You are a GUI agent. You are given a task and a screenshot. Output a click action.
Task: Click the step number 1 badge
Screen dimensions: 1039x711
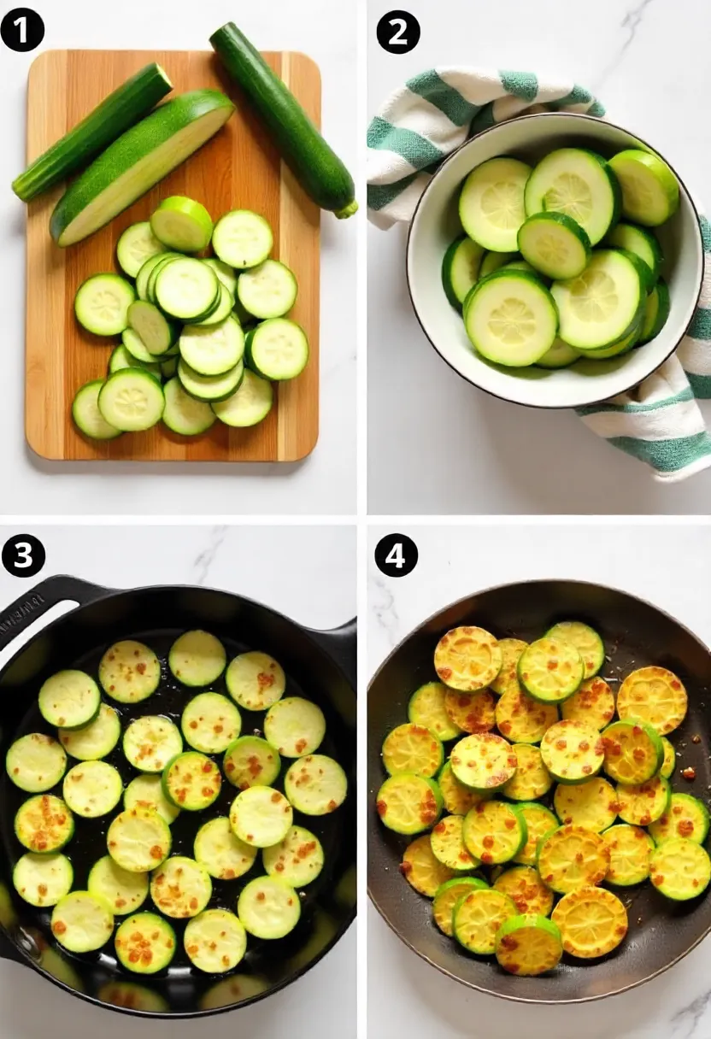[x=22, y=31]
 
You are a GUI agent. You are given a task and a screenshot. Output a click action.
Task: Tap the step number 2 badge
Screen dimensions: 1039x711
[x=398, y=32]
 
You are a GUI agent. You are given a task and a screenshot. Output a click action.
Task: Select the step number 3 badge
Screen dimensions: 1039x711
[x=23, y=555]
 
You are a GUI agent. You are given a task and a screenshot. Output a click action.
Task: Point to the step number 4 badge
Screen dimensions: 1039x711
[x=396, y=555]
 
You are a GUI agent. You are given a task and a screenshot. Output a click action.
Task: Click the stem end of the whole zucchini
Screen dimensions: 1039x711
[x=346, y=208]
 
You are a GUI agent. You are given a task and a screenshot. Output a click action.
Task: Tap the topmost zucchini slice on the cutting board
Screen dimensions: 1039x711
[x=181, y=224]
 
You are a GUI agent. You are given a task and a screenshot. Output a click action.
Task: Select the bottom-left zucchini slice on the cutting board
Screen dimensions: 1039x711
[x=94, y=410]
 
